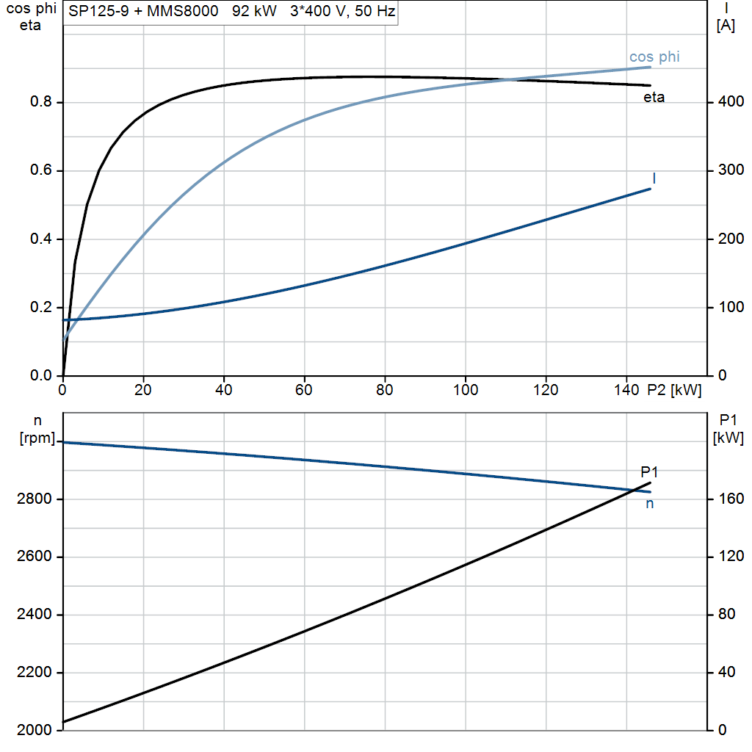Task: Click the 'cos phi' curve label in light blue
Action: pyautogui.click(x=654, y=57)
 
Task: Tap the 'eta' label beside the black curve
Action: pyautogui.click(x=654, y=98)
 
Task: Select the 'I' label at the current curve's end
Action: pyautogui.click(x=654, y=178)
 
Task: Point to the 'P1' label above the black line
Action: pyautogui.click(x=649, y=472)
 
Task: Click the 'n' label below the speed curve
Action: pyautogui.click(x=649, y=504)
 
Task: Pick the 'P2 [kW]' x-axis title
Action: pyautogui.click(x=674, y=390)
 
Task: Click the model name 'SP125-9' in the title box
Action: pyautogui.click(x=99, y=11)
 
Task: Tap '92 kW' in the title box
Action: pyautogui.click(x=254, y=11)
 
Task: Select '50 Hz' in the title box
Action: pyautogui.click(x=375, y=11)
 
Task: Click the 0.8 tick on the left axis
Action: pyautogui.click(x=40, y=101)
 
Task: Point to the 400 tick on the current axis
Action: pyautogui.click(x=731, y=101)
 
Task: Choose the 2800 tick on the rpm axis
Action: pyautogui.click(x=34, y=499)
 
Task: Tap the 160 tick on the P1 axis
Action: pyautogui.click(x=731, y=499)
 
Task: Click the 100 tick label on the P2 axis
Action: pyautogui.click(x=465, y=390)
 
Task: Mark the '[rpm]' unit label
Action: pyautogui.click(x=37, y=438)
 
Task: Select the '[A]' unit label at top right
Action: pyautogui.click(x=726, y=25)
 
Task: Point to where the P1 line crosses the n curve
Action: pyautogui.click(x=635, y=490)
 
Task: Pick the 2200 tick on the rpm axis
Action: pyautogui.click(x=34, y=673)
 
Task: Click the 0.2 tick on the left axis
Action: pyautogui.click(x=40, y=307)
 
